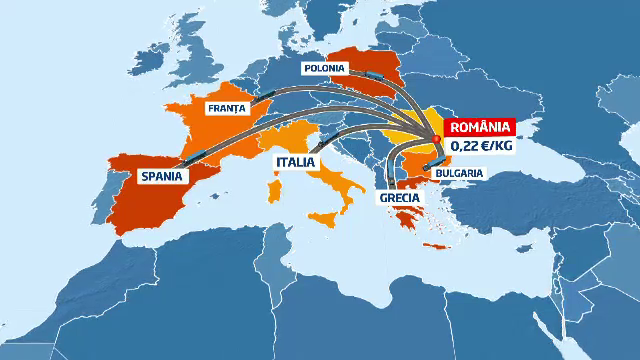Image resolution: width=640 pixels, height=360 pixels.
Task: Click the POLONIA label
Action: click(x=326, y=69)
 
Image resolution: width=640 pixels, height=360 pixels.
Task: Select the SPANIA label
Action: click(x=163, y=176)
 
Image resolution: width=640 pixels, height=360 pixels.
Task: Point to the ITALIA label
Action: click(x=295, y=162)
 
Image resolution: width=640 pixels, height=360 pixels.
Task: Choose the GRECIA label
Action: click(x=398, y=198)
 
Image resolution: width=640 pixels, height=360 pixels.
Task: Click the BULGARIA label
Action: click(x=459, y=172)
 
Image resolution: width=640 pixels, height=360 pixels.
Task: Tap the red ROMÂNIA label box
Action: click(x=480, y=128)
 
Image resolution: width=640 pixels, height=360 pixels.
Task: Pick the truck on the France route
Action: click(x=266, y=97)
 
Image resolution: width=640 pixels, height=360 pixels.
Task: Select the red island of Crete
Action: click(x=436, y=247)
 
